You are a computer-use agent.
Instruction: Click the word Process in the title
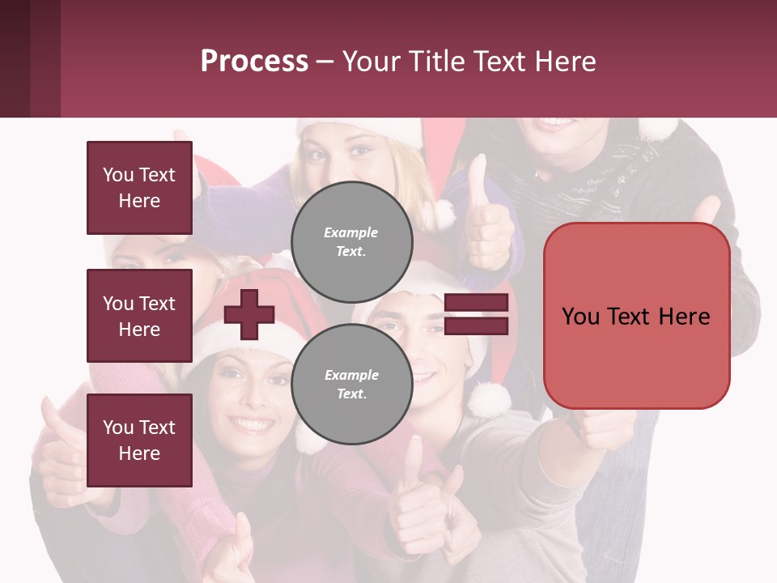(254, 61)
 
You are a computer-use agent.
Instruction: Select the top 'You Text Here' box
(139, 188)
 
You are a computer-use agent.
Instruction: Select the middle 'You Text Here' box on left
(139, 316)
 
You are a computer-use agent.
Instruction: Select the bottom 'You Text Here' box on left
(139, 440)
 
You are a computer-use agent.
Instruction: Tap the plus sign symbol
(249, 314)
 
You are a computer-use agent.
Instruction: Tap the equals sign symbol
(476, 314)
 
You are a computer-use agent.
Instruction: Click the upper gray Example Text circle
(351, 241)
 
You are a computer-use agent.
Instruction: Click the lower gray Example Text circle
(351, 384)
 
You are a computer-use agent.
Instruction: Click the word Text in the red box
(636, 317)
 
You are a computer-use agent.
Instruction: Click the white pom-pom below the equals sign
(489, 398)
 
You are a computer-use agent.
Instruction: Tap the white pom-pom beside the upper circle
(443, 215)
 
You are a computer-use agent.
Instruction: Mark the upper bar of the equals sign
(476, 302)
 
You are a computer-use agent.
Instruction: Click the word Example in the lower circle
(351, 375)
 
